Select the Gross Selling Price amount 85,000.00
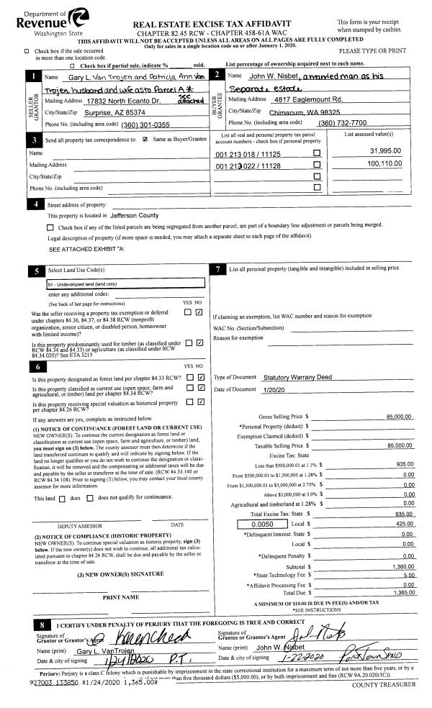tap(399, 417)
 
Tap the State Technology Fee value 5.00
tap(409, 576)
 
